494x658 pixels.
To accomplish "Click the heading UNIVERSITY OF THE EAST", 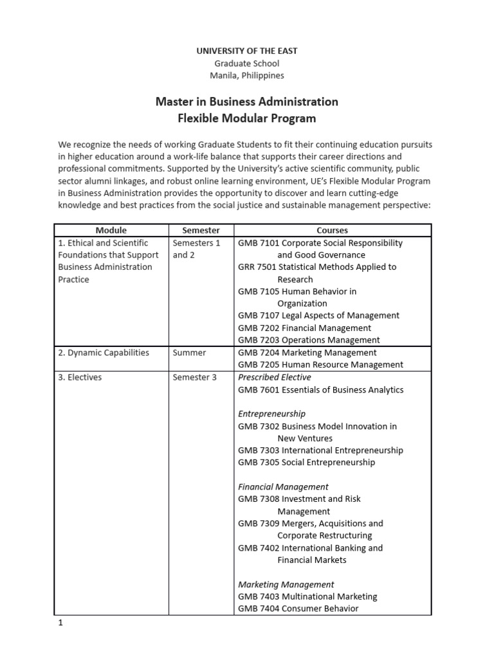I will pyautogui.click(x=248, y=51).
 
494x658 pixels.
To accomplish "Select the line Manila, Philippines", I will pyautogui.click(x=248, y=75).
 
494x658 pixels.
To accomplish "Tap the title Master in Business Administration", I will pyautogui.click(x=248, y=102).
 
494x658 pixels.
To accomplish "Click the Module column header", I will pyautogui.click(x=111, y=230).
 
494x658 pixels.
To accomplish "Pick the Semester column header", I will pyautogui.click(x=201, y=230).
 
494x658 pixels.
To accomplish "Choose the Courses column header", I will pyautogui.click(x=332, y=230).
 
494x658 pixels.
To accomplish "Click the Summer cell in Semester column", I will pyautogui.click(x=189, y=353).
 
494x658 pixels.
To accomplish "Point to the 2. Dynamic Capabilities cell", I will pyautogui.click(x=104, y=353).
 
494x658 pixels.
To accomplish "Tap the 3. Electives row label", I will pyautogui.click(x=80, y=377).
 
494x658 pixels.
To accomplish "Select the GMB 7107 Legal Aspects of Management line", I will pyautogui.click(x=318, y=316).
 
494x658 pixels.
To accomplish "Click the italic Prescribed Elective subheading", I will pyautogui.click(x=274, y=377).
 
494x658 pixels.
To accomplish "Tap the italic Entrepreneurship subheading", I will pyautogui.click(x=271, y=414).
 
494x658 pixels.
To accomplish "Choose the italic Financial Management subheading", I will pyautogui.click(x=283, y=487).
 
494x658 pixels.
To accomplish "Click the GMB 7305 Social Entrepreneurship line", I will pyautogui.click(x=306, y=462).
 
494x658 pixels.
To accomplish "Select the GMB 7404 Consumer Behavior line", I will pyautogui.click(x=298, y=609).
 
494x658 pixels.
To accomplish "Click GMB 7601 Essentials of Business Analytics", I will pyautogui.click(x=320, y=389).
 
